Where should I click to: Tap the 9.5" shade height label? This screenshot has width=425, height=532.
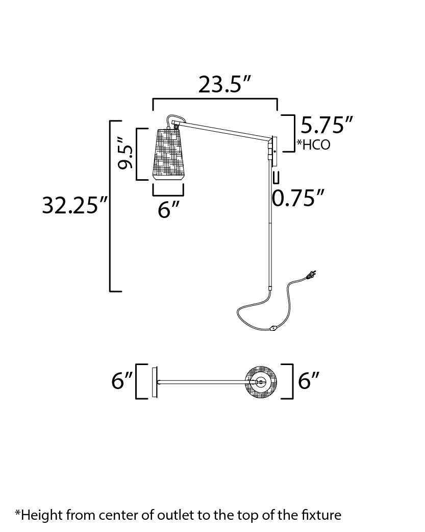pos(124,153)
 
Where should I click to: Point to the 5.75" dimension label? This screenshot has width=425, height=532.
pos(327,125)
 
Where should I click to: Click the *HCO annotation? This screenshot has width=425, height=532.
pos(313,144)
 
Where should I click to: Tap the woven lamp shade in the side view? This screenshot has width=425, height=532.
pos(168,154)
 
